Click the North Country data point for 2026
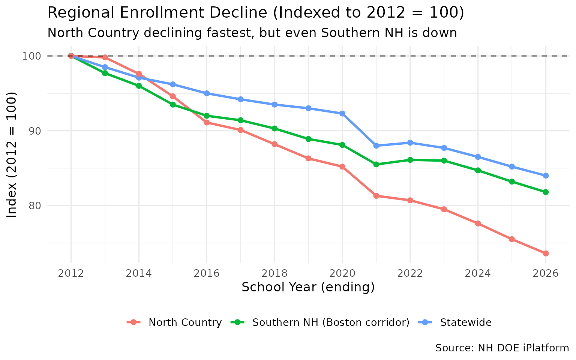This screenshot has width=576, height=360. [546, 253]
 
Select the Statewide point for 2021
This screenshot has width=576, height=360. [376, 146]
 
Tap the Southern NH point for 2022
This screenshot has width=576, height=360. [410, 160]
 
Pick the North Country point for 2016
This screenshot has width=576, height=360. [207, 122]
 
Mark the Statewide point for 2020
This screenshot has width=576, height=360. [342, 114]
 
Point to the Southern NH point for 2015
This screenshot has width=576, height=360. [172, 105]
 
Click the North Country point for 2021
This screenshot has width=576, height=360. [376, 196]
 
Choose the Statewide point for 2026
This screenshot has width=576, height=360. [546, 175]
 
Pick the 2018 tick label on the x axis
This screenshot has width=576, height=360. [274, 273]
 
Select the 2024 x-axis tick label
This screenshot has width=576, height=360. [478, 273]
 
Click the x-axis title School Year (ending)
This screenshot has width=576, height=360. [308, 287]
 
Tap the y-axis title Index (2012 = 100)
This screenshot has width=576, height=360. [12, 154]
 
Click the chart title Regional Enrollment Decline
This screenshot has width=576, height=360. [256, 13]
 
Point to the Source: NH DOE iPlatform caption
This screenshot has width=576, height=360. [502, 348]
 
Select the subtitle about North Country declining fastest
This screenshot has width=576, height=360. [252, 33]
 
